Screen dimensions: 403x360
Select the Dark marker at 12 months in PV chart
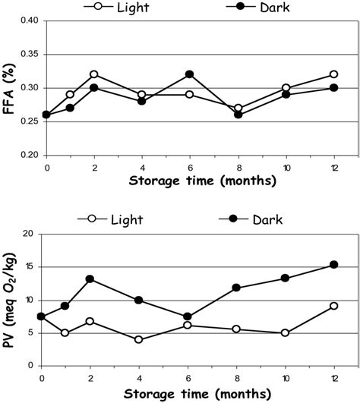(333, 264)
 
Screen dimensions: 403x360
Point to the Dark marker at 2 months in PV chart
(90, 279)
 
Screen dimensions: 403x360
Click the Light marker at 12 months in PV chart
(333, 306)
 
